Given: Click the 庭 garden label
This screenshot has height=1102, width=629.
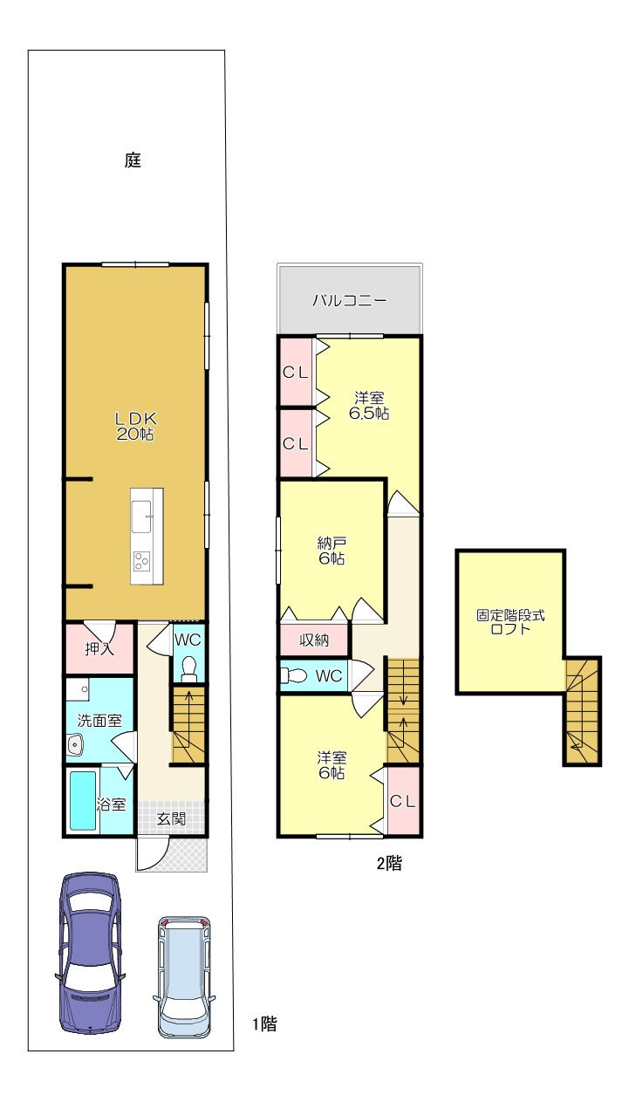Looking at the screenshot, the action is pos(133,160).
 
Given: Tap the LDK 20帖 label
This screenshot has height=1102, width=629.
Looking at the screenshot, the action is pos(135,427).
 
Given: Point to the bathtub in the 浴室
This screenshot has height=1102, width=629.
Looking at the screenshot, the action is pos(83,801).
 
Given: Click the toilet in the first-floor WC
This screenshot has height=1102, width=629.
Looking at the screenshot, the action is pos(188,669).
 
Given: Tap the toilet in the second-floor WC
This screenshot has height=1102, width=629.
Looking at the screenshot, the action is pos(294,675).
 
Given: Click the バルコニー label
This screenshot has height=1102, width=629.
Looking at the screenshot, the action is pos(350,300).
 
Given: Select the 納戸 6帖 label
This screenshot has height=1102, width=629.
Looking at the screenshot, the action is pos(332,551).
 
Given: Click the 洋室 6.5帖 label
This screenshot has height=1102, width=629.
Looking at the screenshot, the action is pos(369,405).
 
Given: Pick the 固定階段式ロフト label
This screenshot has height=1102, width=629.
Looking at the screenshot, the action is pos(510,622).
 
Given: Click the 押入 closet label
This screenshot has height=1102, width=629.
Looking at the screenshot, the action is pos(99,649).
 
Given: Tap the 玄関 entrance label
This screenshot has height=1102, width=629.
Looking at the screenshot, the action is pos(171,818).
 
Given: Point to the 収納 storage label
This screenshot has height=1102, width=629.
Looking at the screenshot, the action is pos(314,640).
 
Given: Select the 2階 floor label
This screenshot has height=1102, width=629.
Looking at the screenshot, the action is pos(389,863).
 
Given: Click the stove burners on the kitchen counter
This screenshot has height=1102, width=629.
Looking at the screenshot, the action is pos(141,561).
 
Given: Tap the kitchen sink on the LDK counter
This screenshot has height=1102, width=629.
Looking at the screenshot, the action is pos(142,517).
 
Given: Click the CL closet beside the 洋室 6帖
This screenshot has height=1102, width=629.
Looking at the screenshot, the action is pos(403,801).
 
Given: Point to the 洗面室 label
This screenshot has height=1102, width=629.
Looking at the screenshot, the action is pos(99,721).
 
